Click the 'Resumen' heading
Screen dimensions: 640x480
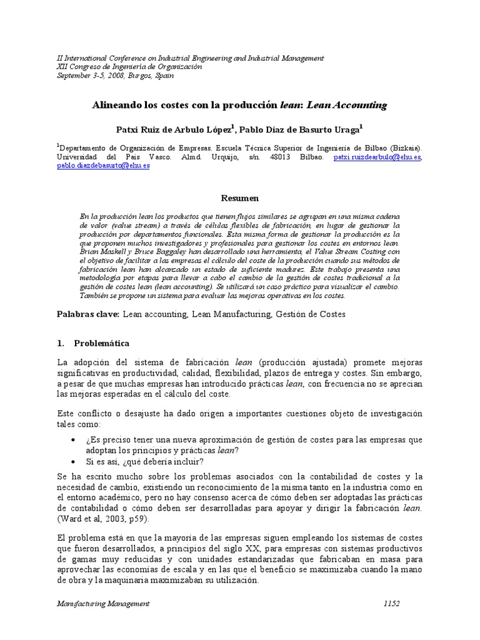(x=240, y=198)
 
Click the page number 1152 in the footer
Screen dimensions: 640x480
(x=392, y=603)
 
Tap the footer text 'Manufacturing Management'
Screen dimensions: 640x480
(x=103, y=603)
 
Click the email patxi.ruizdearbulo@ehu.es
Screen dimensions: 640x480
(x=377, y=157)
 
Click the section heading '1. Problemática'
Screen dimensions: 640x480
(x=93, y=344)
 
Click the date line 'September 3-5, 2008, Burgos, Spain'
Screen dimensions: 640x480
(x=116, y=76)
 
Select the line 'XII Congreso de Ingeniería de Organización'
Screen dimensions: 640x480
(x=129, y=67)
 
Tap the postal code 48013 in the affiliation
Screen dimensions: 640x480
(x=278, y=157)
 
